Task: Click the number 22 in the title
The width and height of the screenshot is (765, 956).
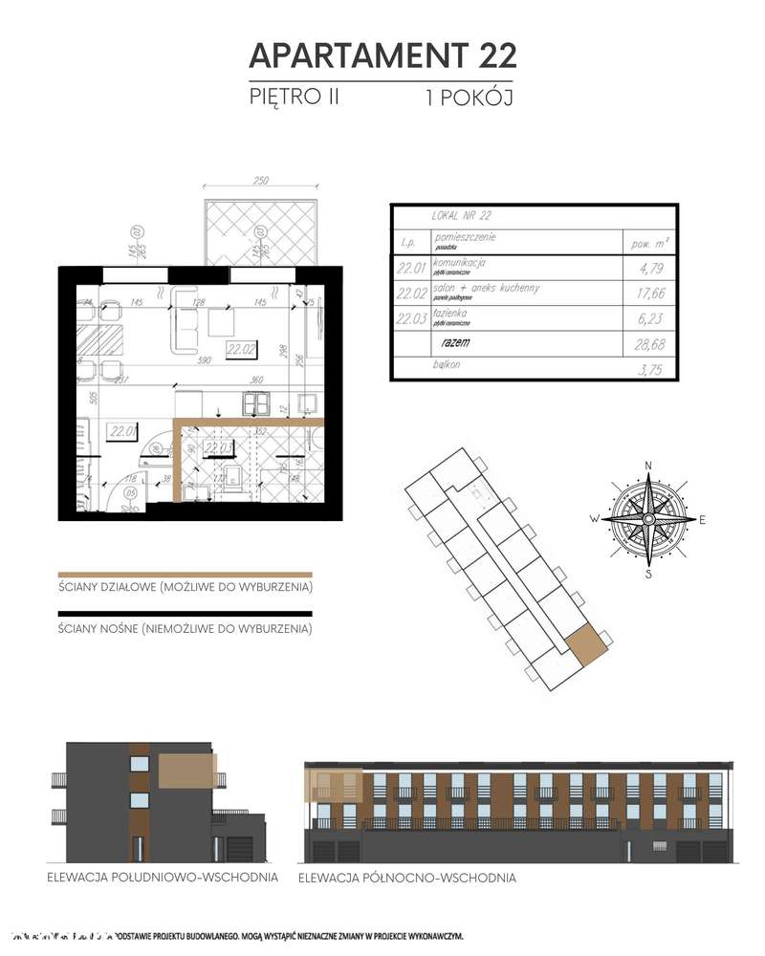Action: pos(492,55)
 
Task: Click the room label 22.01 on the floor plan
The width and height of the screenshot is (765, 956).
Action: pos(120,430)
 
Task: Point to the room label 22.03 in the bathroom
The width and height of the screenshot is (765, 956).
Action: pos(219,445)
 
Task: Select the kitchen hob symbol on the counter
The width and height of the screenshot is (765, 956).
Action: pos(256,404)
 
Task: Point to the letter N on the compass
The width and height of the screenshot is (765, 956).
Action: pos(648,467)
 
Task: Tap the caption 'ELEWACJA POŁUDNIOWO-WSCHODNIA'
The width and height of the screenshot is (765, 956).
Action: pos(162,877)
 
